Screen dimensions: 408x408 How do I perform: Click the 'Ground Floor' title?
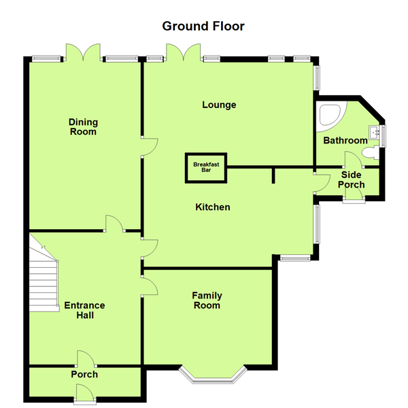click(x=203, y=27)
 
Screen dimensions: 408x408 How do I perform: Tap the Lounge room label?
click(x=219, y=105)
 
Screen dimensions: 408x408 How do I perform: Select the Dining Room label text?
click(x=83, y=127)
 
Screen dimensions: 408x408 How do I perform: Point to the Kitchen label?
click(x=213, y=207)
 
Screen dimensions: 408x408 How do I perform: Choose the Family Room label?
click(x=206, y=301)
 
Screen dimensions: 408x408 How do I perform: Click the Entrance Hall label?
click(x=84, y=310)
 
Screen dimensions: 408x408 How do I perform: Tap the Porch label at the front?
click(x=84, y=374)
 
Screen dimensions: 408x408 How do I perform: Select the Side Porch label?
click(x=352, y=180)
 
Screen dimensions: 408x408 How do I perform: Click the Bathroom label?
click(x=345, y=141)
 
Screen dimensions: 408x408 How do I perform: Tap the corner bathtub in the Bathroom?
click(x=331, y=116)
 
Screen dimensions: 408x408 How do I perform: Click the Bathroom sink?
click(x=374, y=131)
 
